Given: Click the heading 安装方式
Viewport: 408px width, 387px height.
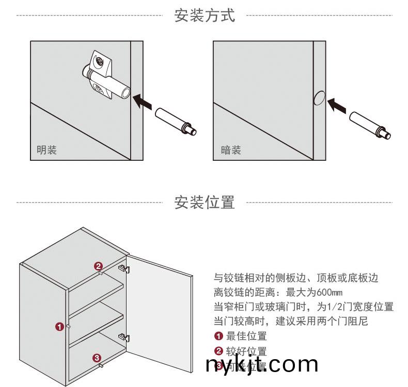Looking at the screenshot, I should click(x=205, y=15).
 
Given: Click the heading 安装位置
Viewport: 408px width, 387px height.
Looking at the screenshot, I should click(x=205, y=203).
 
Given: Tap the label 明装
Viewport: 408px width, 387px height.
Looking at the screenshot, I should click(x=46, y=150).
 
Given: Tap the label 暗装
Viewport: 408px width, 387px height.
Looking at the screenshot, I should click(x=231, y=150).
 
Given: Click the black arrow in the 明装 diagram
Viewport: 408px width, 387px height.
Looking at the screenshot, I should click(x=143, y=100).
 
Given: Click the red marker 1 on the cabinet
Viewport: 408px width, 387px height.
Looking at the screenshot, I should click(x=60, y=326).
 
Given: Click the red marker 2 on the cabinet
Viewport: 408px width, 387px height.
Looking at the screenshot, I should click(x=98, y=266).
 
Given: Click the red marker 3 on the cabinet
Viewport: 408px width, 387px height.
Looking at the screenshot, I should click(x=97, y=358).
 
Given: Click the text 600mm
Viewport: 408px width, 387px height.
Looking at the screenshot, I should click(x=323, y=293).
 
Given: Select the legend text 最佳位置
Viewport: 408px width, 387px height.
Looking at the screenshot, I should click(x=246, y=337).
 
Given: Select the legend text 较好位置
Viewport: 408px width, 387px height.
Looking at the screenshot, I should click(x=246, y=352).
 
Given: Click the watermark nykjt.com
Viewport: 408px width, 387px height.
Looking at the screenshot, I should click(x=262, y=365).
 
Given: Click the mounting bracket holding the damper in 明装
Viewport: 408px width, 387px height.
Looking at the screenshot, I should click(x=99, y=64).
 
